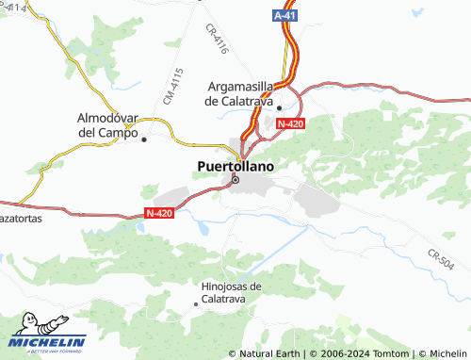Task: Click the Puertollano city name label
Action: tap(236, 166)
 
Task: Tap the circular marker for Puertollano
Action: tap(235, 179)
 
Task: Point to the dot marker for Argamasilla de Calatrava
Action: tap(279, 107)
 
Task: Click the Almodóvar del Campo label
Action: tap(107, 124)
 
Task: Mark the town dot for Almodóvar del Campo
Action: tap(144, 139)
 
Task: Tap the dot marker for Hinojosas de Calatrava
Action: tap(195, 303)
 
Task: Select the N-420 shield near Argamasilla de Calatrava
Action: tap(291, 123)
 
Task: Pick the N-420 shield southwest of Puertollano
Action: tap(160, 214)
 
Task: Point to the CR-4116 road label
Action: tap(217, 40)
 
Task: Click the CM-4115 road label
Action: tap(171, 86)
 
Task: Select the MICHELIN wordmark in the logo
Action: tap(48, 341)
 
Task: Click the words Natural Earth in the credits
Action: tap(270, 353)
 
